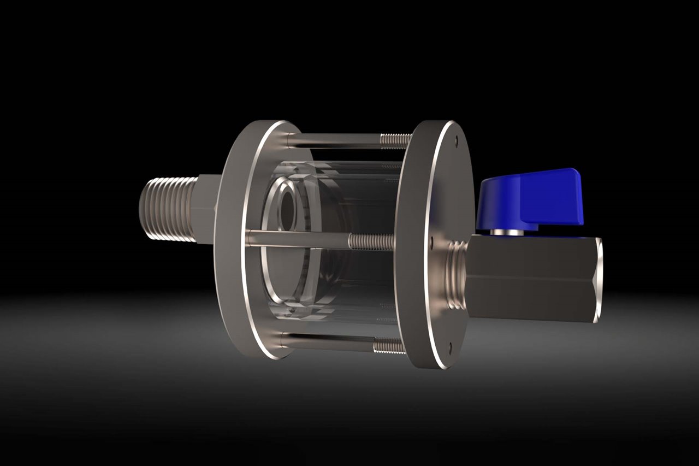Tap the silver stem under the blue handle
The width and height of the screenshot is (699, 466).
506,232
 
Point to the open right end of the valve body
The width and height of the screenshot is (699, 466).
599,279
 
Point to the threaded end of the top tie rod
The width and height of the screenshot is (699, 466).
395,140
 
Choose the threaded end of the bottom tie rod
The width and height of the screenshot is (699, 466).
388,345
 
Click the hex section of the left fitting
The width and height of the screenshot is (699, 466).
206,210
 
